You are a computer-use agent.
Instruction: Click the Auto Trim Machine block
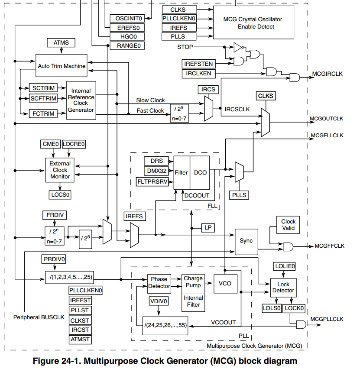coord(61,66)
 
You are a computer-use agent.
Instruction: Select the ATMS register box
coord(61,43)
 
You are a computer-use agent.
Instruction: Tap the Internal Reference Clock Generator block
coord(81,100)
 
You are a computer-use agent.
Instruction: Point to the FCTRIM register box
coord(43,113)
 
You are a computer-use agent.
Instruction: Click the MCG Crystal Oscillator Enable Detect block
coord(253,23)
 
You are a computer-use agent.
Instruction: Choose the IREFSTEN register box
coord(198,64)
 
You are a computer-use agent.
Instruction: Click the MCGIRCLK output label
coord(327,74)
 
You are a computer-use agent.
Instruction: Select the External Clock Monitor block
coord(60,170)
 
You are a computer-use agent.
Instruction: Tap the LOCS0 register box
coord(60,194)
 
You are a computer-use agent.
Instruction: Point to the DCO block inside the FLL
coord(200,172)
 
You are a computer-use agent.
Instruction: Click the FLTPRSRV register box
coord(152,181)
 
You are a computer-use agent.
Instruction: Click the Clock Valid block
coord(288,225)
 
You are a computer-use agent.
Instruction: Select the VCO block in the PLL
coord(225,284)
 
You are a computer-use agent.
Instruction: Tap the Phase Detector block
coord(159,284)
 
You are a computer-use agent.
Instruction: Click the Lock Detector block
coord(283,288)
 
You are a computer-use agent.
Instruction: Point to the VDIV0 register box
coord(159,301)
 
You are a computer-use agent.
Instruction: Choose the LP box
coord(208,227)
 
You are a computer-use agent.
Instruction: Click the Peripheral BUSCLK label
coord(39,317)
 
